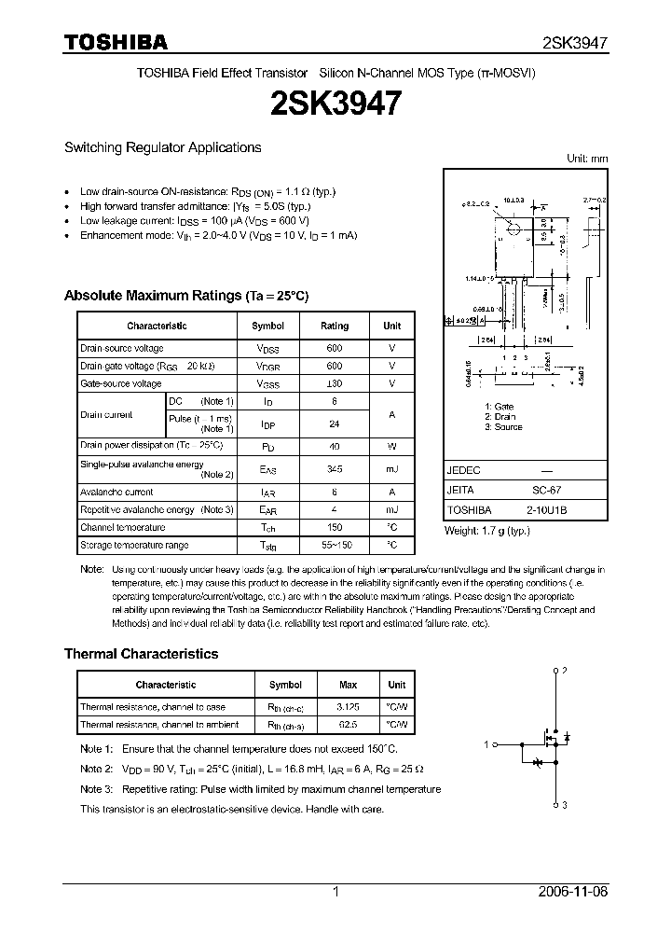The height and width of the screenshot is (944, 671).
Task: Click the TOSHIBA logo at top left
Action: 115,42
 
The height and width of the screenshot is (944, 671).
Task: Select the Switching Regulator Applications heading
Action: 162,147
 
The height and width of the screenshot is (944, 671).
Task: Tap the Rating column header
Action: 335,326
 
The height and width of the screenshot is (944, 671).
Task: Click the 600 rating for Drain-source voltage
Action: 335,348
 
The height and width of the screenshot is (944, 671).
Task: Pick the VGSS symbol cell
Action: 268,383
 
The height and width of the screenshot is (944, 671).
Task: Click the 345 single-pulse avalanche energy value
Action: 335,469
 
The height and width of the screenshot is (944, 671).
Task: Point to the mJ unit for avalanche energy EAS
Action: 392,469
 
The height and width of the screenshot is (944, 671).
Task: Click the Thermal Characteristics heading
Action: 141,654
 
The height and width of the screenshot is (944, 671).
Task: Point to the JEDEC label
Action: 464,471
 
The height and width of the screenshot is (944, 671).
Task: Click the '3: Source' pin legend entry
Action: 503,427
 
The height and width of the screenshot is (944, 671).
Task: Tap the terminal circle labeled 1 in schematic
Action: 496,744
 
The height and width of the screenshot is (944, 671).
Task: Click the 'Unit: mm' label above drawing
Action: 587,159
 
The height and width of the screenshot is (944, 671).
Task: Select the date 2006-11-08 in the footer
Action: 574,892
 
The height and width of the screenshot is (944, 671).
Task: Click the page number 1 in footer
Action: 335,892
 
